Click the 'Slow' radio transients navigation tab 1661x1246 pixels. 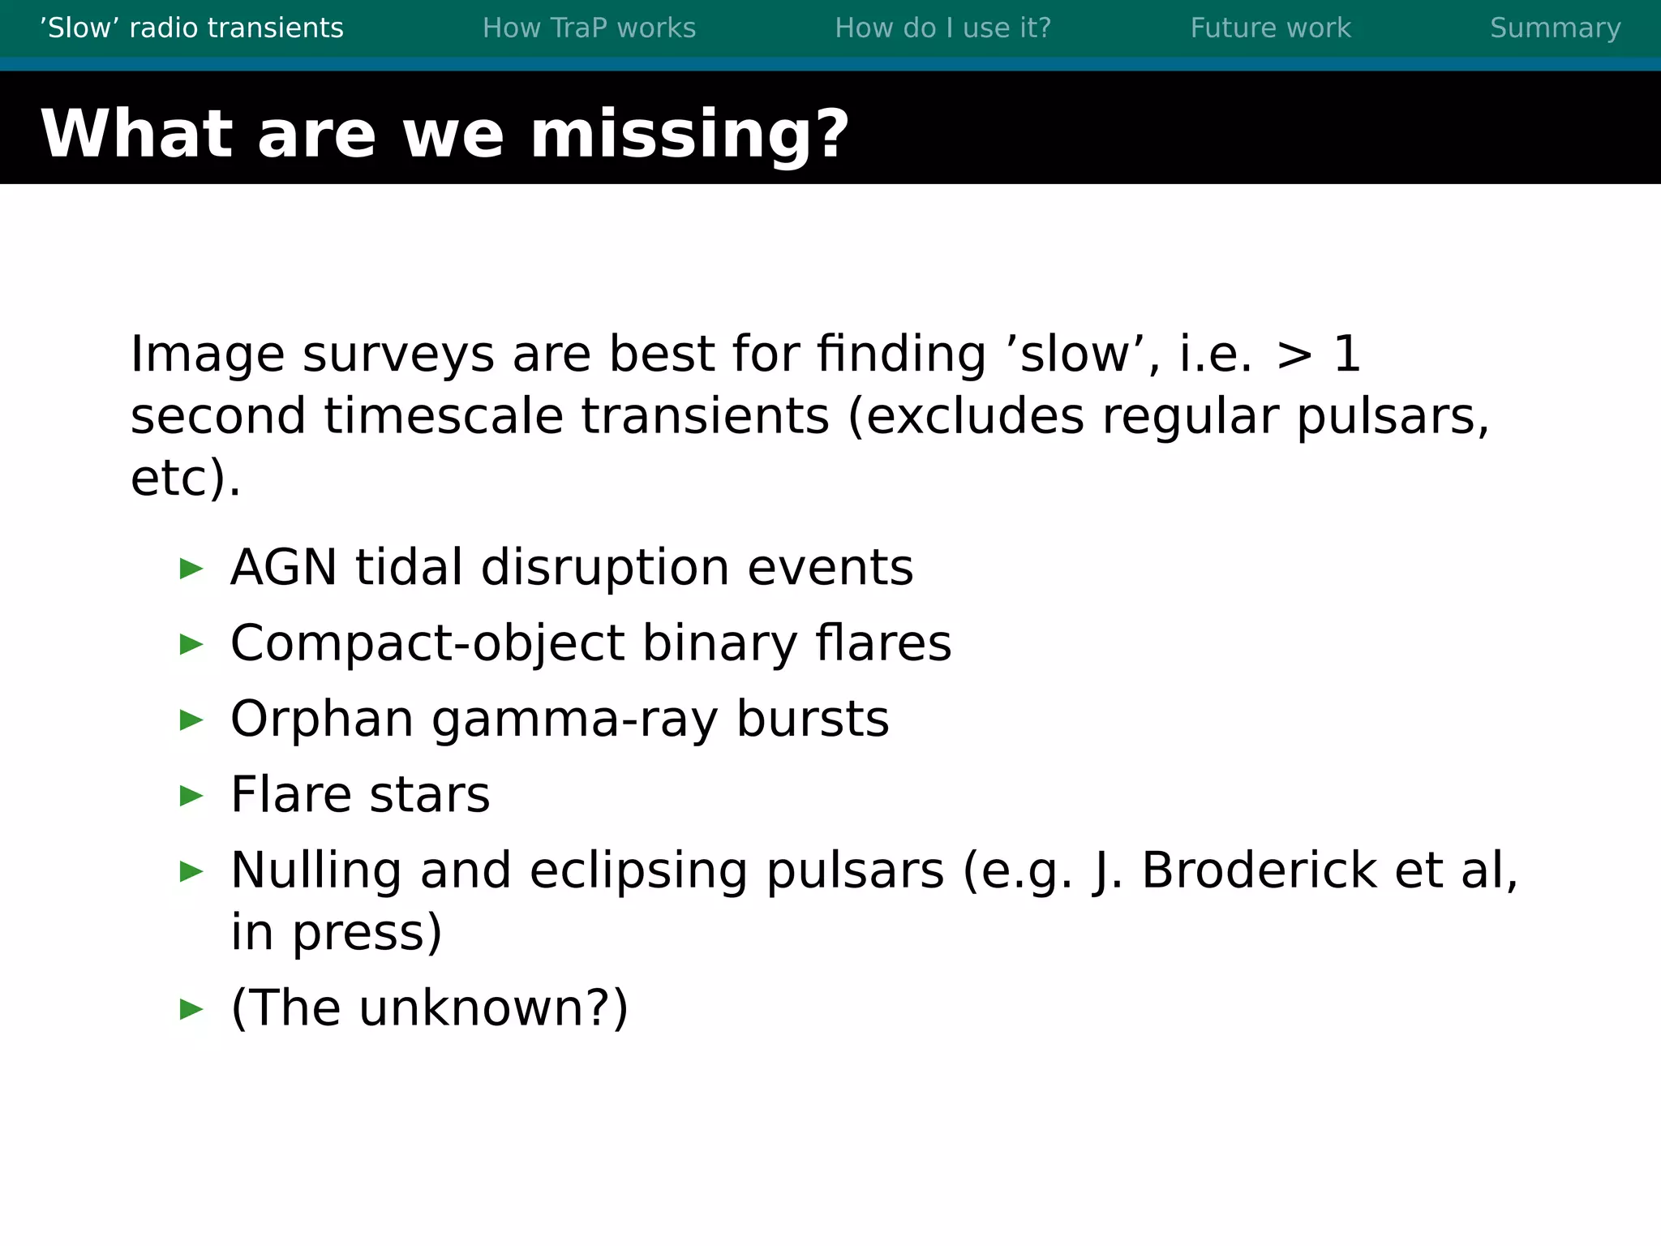pos(192,28)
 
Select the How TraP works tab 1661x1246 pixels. pos(589,28)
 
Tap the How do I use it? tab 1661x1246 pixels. pos(942,28)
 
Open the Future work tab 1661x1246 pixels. pos(1270,28)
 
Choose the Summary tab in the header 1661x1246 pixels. pos(1555,28)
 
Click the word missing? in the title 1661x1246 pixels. pos(689,134)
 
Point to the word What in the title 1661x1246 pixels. pos(136,134)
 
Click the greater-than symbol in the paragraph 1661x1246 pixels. pos(1294,355)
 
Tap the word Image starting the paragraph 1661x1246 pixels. pos(208,355)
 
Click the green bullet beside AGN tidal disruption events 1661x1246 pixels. pos(191,569)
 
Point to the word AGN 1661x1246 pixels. pos(284,567)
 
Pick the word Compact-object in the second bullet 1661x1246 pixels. pos(427,644)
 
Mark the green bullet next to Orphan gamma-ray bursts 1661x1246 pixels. pos(191,720)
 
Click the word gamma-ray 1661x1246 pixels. pos(574,720)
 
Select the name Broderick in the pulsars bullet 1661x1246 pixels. pos(1259,870)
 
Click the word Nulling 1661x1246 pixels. pos(316,870)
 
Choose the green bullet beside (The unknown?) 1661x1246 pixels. pos(191,1009)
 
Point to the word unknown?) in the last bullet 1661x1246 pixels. pos(493,1008)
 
